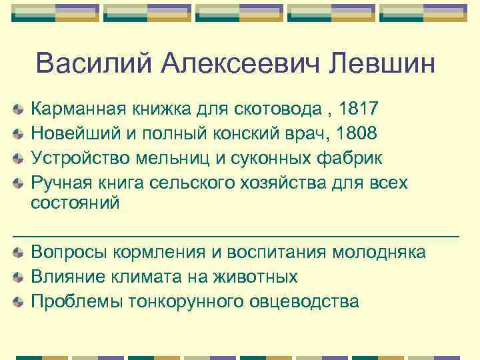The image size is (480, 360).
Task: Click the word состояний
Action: pos(75,203)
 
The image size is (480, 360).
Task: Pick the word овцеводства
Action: pos(304,301)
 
